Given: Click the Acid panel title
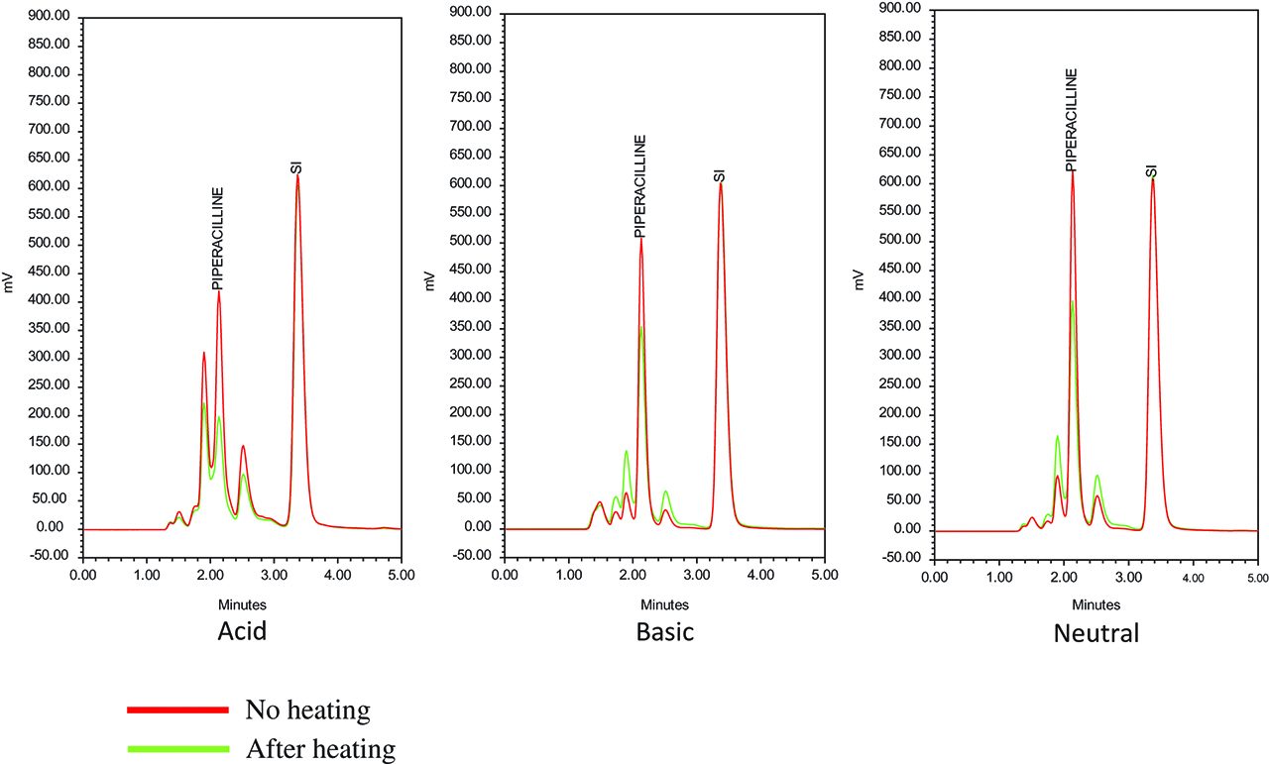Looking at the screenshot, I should pyautogui.click(x=242, y=631).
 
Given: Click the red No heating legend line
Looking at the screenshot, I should pyautogui.click(x=178, y=709).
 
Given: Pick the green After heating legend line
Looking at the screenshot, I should pyautogui.click(x=178, y=748).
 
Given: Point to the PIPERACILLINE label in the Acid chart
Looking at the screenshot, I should pyautogui.click(x=218, y=238).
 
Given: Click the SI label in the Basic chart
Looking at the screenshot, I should pyautogui.click(x=721, y=176).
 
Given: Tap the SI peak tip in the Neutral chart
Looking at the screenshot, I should pyautogui.click(x=1152, y=180).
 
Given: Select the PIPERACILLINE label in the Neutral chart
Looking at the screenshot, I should pyautogui.click(x=1072, y=120).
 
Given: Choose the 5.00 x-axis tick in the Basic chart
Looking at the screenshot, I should pyautogui.click(x=824, y=575).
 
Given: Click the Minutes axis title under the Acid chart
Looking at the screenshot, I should pyautogui.click(x=243, y=604).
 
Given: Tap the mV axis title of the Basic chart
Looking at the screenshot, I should pyautogui.click(x=430, y=281).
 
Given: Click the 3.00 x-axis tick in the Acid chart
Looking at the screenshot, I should pyautogui.click(x=274, y=575).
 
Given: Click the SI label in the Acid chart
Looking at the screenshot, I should pyautogui.click(x=296, y=167).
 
